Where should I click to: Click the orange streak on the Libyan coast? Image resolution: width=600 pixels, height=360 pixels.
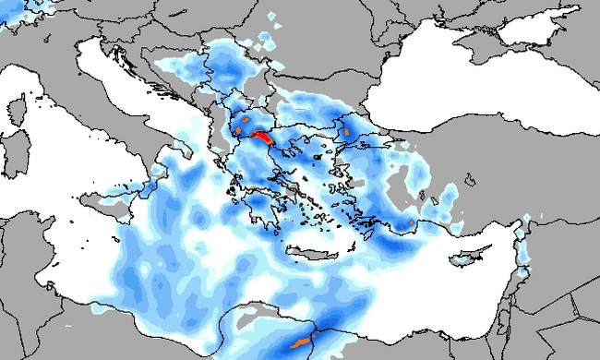[299, 343]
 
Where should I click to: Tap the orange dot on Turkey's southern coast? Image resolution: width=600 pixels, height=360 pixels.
[410, 222]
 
